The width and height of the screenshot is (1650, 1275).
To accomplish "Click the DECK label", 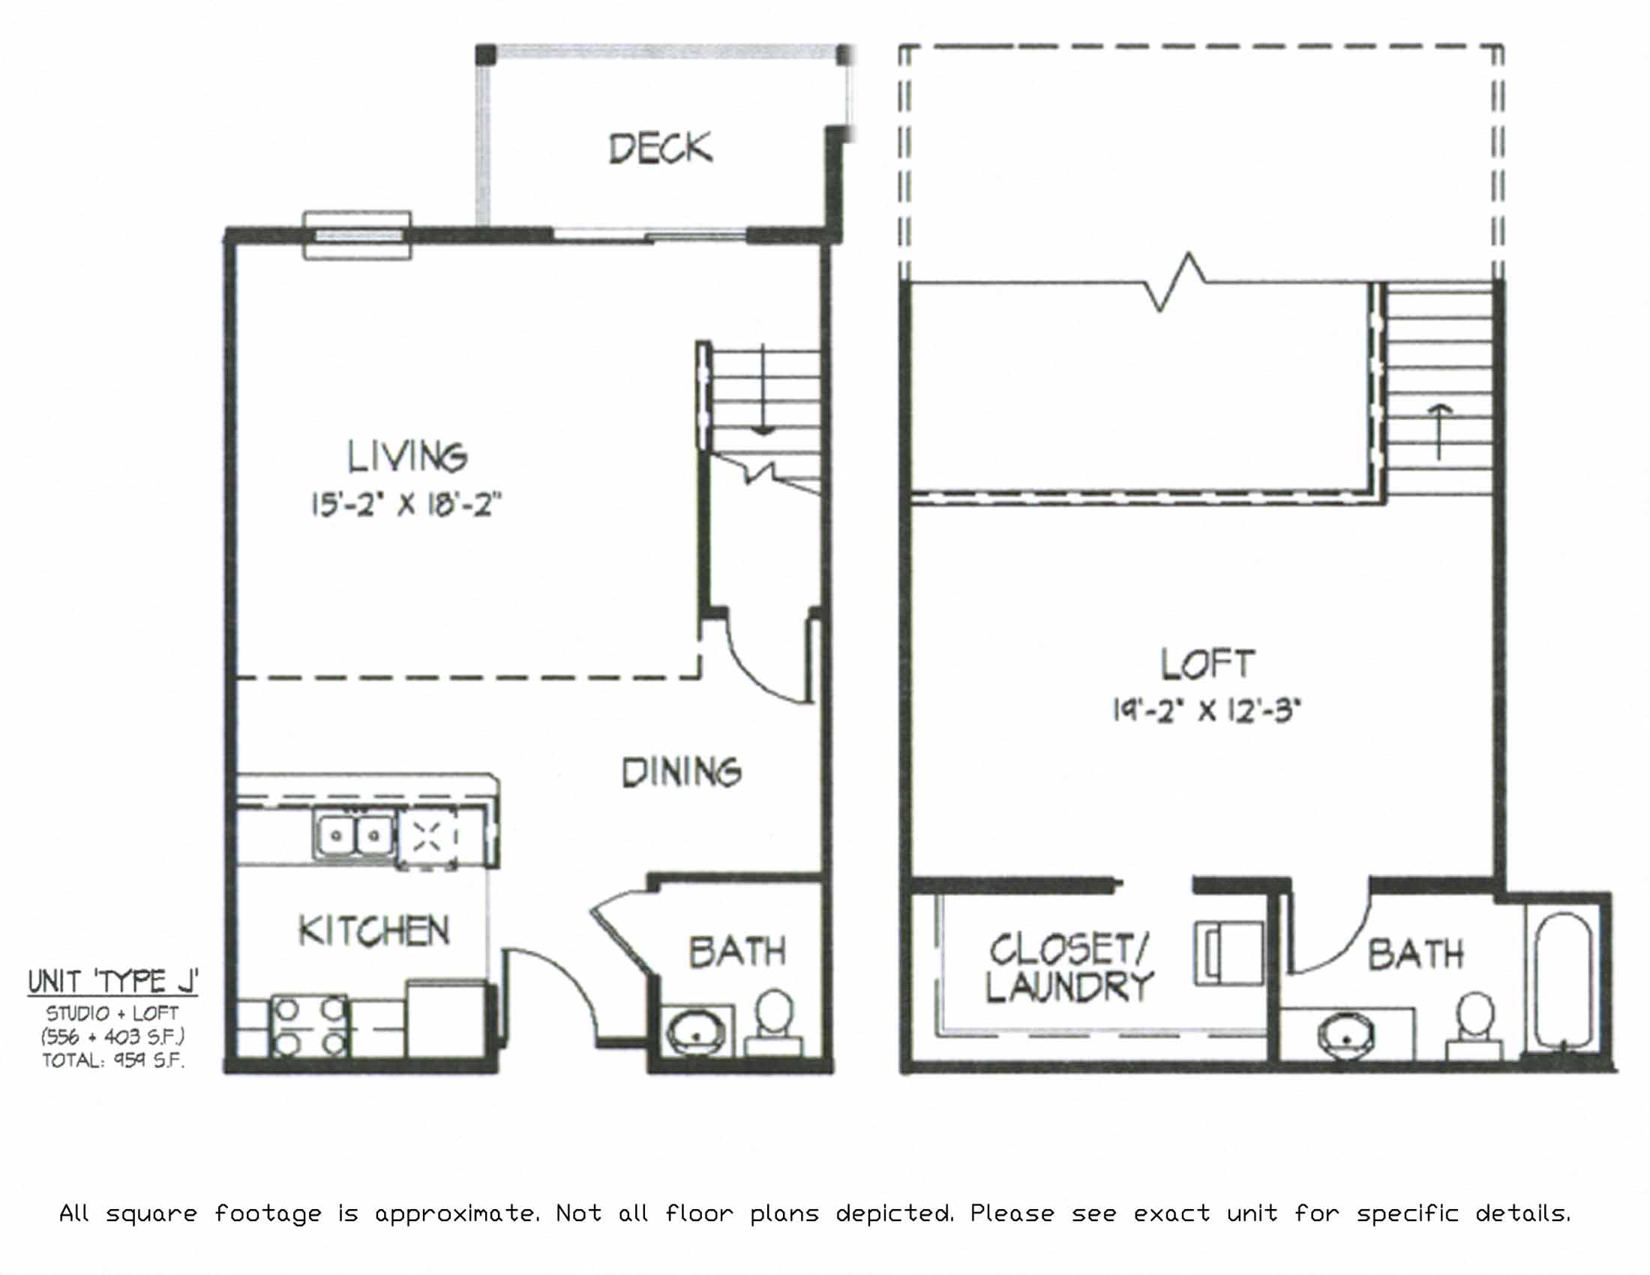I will coord(660,148).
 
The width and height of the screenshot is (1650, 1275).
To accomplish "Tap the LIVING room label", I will coord(407,456).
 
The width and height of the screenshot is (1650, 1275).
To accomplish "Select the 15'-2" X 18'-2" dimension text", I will coord(407,504).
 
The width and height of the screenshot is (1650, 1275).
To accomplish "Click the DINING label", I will coord(681,772).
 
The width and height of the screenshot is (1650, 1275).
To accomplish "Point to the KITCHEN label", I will coord(374,931).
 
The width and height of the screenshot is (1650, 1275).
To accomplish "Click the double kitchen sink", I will coord(354,835).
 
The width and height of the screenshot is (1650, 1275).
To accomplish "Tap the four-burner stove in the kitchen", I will coord(310,1027).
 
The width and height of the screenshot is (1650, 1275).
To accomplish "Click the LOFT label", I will coord(1207,663).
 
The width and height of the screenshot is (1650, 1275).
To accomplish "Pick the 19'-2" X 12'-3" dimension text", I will coord(1207,710).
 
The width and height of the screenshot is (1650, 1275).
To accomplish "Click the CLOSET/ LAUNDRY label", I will coord(1069,968).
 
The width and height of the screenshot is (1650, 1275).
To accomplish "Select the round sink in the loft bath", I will coord(1346,1036).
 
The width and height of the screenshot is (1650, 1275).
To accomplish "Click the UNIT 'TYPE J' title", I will coord(112,981).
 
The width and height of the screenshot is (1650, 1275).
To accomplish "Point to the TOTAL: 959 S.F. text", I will coord(112,1060).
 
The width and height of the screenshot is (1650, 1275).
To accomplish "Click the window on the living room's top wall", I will coord(357,235).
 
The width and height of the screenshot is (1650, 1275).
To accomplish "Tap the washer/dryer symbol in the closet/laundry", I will coord(1228,953).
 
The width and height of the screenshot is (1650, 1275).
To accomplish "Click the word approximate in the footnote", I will coord(456,1213).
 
